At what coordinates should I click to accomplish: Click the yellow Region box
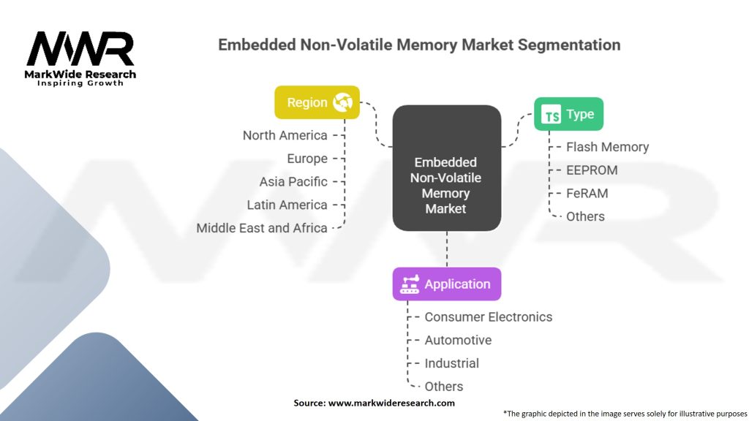coord(317,102)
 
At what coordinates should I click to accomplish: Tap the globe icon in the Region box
coord(342,102)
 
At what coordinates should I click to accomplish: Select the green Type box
coord(568,114)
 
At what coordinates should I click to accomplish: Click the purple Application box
coord(446,284)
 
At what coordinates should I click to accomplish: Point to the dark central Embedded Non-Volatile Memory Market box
coord(446,185)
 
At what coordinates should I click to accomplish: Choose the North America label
coord(285,135)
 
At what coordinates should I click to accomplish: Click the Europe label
coord(307,159)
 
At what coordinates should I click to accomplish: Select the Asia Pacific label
coord(293,182)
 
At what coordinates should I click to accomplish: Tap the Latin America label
coord(287,205)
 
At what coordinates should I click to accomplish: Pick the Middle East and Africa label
coord(261,228)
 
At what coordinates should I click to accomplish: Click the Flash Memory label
coord(607,147)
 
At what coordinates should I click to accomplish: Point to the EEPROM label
coord(592,170)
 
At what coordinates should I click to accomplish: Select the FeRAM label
coord(587,194)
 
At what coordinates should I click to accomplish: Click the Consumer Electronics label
coord(488,317)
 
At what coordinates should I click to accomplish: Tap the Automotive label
coord(458,341)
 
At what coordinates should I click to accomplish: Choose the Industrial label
coord(451,363)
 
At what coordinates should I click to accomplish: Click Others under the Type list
coord(585,216)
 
